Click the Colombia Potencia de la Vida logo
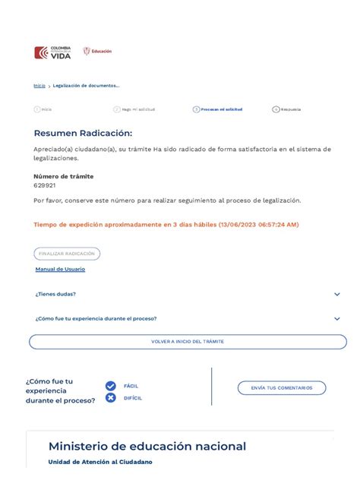[52, 52]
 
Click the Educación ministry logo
[97, 52]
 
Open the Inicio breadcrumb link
[39, 86]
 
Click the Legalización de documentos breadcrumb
[86, 86]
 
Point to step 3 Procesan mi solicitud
[218, 109]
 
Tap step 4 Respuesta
[286, 109]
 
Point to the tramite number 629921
[44, 185]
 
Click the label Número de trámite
[64, 176]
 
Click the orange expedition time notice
[166, 225]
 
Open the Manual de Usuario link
[60, 270]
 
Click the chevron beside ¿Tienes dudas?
[337, 294]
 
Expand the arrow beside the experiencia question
[337, 319]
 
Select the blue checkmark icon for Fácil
[111, 386]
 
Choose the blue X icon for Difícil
[111, 398]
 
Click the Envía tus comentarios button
[282, 388]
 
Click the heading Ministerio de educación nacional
[147, 447]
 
